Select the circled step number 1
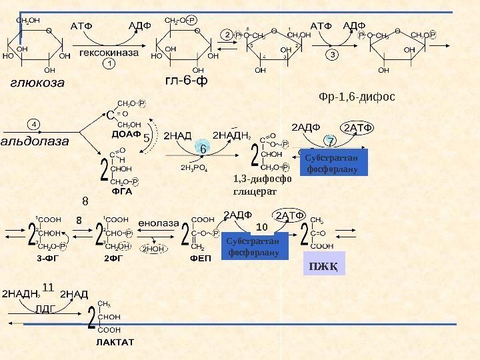point(109,64)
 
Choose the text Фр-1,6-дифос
point(357,97)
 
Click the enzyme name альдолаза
point(39,141)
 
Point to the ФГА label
point(123,191)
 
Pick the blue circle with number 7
point(330,141)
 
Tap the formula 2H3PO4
point(195,168)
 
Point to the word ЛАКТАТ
point(115,342)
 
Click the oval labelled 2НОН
point(153,249)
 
